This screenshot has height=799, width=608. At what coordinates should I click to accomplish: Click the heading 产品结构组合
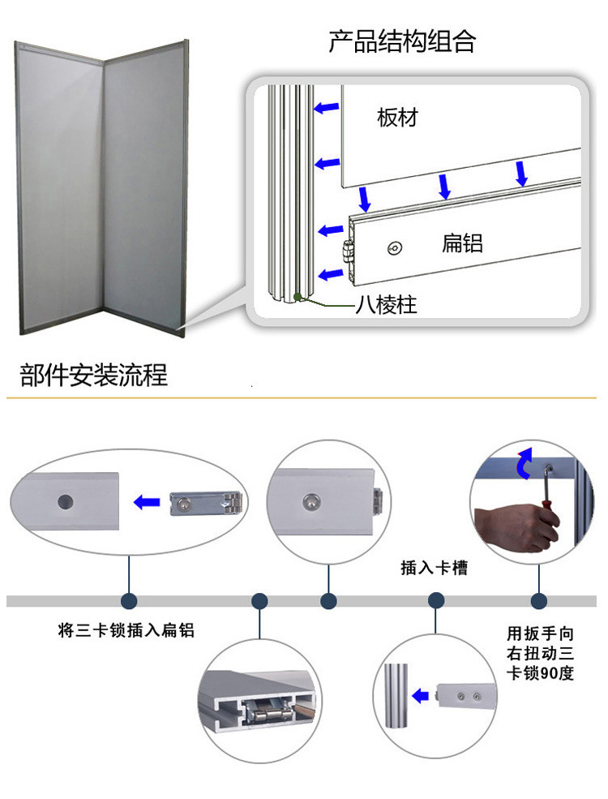click(x=401, y=41)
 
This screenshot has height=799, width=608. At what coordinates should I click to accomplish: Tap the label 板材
click(x=397, y=118)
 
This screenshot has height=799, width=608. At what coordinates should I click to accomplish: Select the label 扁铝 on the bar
click(x=462, y=242)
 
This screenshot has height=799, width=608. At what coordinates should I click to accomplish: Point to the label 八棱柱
click(x=386, y=306)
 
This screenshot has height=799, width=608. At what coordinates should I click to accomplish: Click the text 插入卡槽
click(x=434, y=568)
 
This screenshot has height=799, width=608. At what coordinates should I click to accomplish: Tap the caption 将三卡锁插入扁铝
click(x=126, y=630)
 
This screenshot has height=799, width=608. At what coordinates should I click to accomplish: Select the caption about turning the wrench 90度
click(x=540, y=652)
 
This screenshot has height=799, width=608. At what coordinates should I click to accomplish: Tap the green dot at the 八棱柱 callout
click(x=299, y=298)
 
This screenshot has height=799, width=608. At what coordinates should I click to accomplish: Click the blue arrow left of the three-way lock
click(x=147, y=503)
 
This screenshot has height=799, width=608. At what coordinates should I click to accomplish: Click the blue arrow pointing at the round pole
click(x=420, y=695)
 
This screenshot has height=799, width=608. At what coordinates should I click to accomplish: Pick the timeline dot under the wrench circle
click(x=539, y=601)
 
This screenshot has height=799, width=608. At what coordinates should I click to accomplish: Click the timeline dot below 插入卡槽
click(x=436, y=601)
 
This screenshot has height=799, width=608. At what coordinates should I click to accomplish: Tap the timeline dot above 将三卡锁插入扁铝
click(x=128, y=601)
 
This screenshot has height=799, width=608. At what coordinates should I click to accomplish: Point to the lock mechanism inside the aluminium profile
click(x=272, y=713)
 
